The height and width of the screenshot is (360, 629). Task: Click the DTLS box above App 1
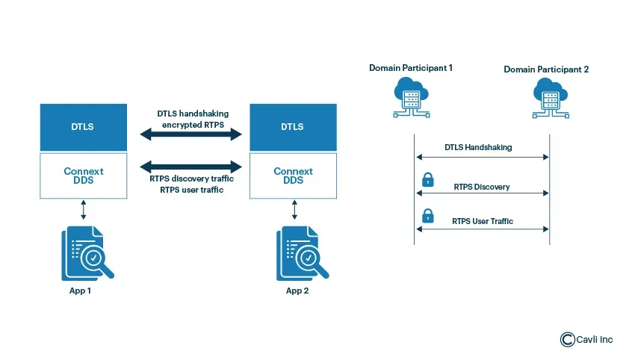[x=83, y=126]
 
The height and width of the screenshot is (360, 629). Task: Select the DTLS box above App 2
[x=292, y=126]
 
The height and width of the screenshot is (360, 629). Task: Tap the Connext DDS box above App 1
[x=83, y=176]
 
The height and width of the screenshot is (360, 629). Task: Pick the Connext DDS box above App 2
[x=292, y=176]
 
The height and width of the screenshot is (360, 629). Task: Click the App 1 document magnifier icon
[x=87, y=252]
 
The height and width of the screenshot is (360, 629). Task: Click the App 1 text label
[x=80, y=291]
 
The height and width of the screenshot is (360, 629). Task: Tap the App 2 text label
[x=297, y=291]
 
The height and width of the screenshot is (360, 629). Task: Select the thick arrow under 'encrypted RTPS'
[x=193, y=135]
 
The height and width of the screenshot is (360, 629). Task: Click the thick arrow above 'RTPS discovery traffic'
[x=193, y=167]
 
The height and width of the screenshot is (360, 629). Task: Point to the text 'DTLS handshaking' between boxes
[x=193, y=114]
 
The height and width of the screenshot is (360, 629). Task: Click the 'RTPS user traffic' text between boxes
[x=193, y=190]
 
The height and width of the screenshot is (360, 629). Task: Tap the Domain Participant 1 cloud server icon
[x=410, y=99]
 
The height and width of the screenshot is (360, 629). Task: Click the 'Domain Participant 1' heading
[x=411, y=68]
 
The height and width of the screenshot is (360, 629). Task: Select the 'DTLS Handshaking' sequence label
[x=478, y=147]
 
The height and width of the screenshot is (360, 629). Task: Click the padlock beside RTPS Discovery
[x=428, y=179]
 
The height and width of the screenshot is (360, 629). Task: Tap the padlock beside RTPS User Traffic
[x=428, y=216]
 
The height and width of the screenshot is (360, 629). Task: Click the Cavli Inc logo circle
[x=567, y=340]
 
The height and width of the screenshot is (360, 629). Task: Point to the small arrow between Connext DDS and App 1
[x=83, y=209]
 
